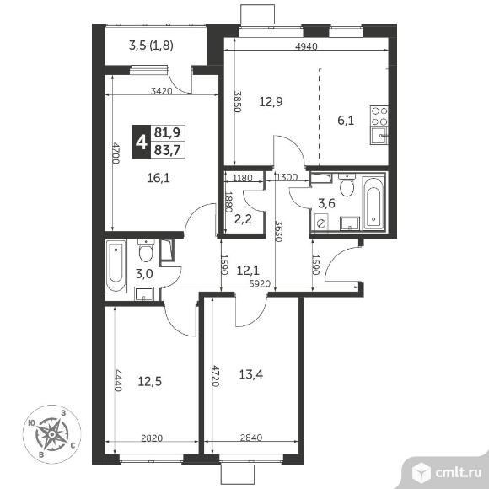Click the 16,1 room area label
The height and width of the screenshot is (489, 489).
(x=159, y=178)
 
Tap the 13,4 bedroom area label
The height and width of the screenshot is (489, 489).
(x=250, y=374)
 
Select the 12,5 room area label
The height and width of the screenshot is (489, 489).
(x=150, y=381)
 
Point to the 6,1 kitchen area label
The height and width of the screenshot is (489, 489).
(x=346, y=120)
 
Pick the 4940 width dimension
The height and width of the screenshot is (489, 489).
(x=306, y=46)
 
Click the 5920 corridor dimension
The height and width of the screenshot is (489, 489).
(x=260, y=283)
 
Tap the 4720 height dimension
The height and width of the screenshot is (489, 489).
(x=215, y=376)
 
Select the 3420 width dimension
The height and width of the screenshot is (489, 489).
(x=161, y=91)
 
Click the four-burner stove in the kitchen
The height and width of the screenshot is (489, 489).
(x=379, y=116)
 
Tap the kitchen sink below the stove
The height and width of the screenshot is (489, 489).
(x=379, y=136)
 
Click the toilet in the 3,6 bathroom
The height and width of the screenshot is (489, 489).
(x=347, y=185)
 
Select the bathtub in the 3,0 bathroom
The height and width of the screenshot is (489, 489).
(x=116, y=266)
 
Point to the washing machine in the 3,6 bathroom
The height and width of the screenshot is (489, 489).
(x=321, y=223)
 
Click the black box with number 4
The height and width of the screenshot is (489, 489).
(x=142, y=142)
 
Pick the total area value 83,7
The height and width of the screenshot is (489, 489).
(x=168, y=150)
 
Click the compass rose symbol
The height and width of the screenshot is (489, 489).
(x=52, y=433)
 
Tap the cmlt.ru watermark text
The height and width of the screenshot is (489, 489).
(x=458, y=473)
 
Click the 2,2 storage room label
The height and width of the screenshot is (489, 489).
(x=243, y=219)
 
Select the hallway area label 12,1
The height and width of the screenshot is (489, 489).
(x=248, y=271)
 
